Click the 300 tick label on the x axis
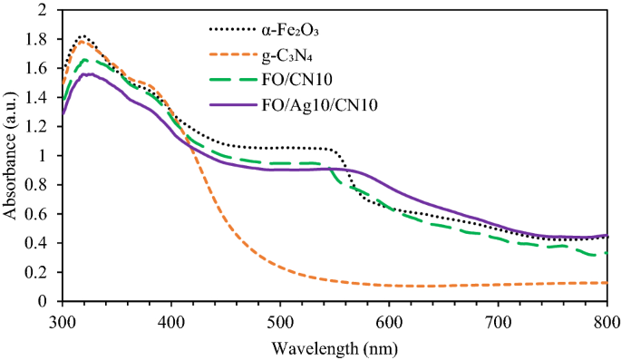point(62,321)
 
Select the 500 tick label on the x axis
point(280,321)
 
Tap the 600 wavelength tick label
point(389,321)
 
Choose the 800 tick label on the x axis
point(606,321)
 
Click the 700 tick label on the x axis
point(498,321)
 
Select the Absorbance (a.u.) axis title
point(12,156)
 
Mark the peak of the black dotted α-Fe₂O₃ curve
point(82,36)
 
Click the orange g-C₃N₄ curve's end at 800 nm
point(606,282)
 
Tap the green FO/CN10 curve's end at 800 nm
point(606,253)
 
